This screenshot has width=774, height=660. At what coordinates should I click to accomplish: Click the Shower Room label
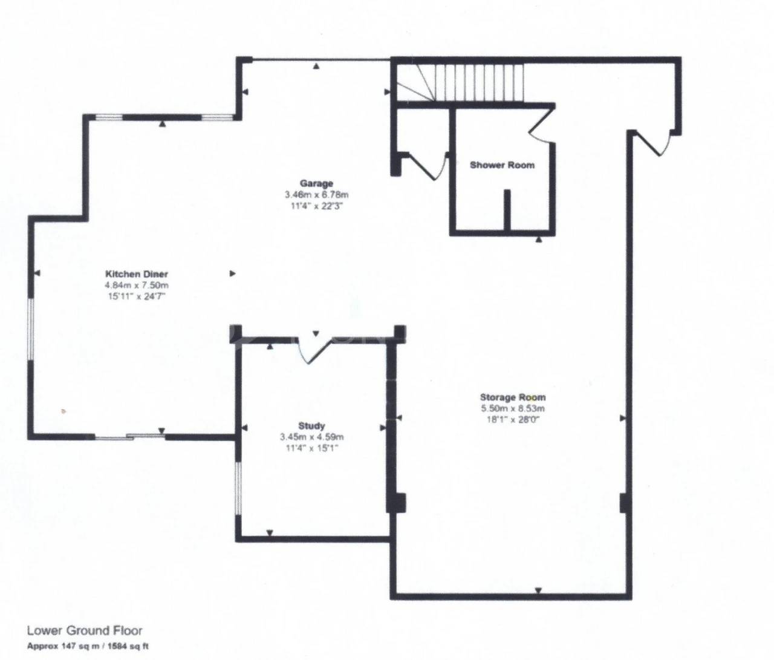point(502,165)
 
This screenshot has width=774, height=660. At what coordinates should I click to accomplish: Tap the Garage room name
point(316,183)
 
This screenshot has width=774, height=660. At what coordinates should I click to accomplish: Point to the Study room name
point(311,425)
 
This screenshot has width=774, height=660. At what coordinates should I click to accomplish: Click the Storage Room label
point(513,397)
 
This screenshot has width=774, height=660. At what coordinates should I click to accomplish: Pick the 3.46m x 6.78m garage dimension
point(317,194)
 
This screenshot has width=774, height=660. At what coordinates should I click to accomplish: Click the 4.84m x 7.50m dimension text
point(136,285)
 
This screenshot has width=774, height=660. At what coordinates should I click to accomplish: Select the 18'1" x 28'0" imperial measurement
point(513,419)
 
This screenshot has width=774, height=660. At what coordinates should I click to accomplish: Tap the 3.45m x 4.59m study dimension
point(312,436)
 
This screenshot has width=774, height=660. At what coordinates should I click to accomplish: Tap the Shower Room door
point(542,124)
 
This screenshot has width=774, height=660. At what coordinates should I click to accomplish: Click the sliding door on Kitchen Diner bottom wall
point(130,436)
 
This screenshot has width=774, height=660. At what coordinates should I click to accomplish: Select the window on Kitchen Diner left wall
point(31,330)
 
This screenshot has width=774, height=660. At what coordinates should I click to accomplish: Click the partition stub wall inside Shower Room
point(507,210)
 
